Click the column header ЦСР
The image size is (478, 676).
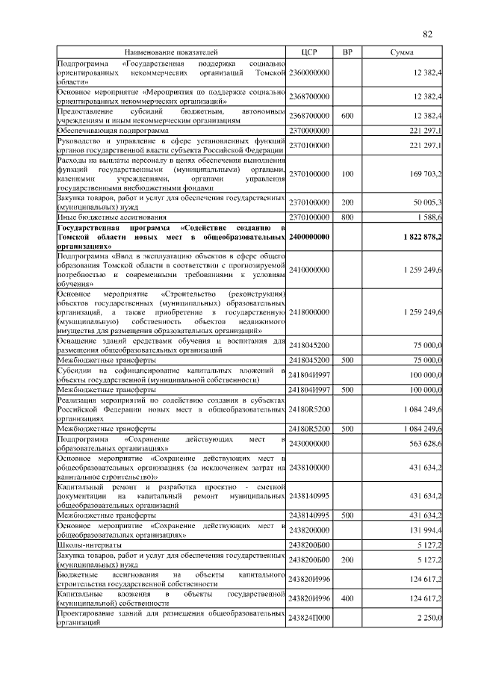(309, 53)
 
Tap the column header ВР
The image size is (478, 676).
(347, 53)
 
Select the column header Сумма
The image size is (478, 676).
(403, 53)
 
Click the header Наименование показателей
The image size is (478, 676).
(171, 53)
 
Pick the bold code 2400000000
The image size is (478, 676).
(309, 236)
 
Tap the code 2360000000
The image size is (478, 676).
(309, 72)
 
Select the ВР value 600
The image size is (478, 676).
(347, 116)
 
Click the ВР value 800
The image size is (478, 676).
(347, 217)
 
